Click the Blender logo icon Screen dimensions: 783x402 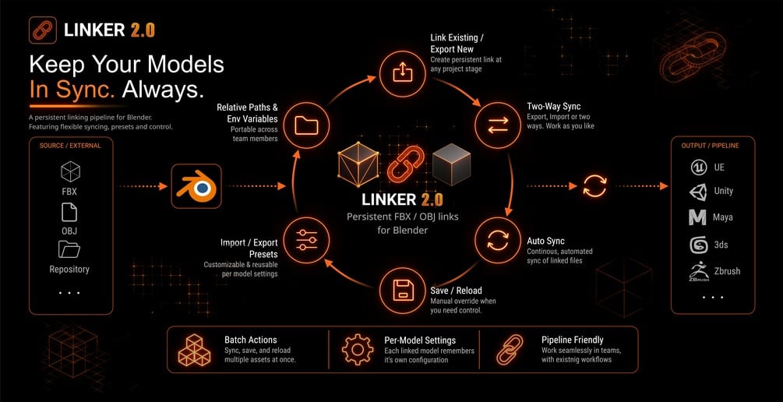(196, 186)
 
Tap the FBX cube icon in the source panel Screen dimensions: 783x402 (70, 172)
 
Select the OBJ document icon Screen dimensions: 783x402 (69, 212)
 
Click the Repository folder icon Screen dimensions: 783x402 (69, 249)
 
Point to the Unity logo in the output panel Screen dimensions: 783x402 (697, 192)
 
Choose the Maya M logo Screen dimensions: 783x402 (697, 217)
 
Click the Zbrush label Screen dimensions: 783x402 (727, 271)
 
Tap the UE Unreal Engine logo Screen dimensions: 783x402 (698, 167)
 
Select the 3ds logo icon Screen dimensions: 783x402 (698, 245)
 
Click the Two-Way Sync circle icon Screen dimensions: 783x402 (497, 125)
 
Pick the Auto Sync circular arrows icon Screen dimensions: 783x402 (497, 240)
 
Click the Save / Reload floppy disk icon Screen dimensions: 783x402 (403, 291)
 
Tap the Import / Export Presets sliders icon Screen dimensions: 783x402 (306, 240)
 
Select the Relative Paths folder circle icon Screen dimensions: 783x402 (306, 125)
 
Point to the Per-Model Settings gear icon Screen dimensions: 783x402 (358, 350)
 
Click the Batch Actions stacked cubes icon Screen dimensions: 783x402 (194, 350)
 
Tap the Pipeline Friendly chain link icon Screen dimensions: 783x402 (510, 350)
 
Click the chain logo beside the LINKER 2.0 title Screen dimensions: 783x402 (42, 30)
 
